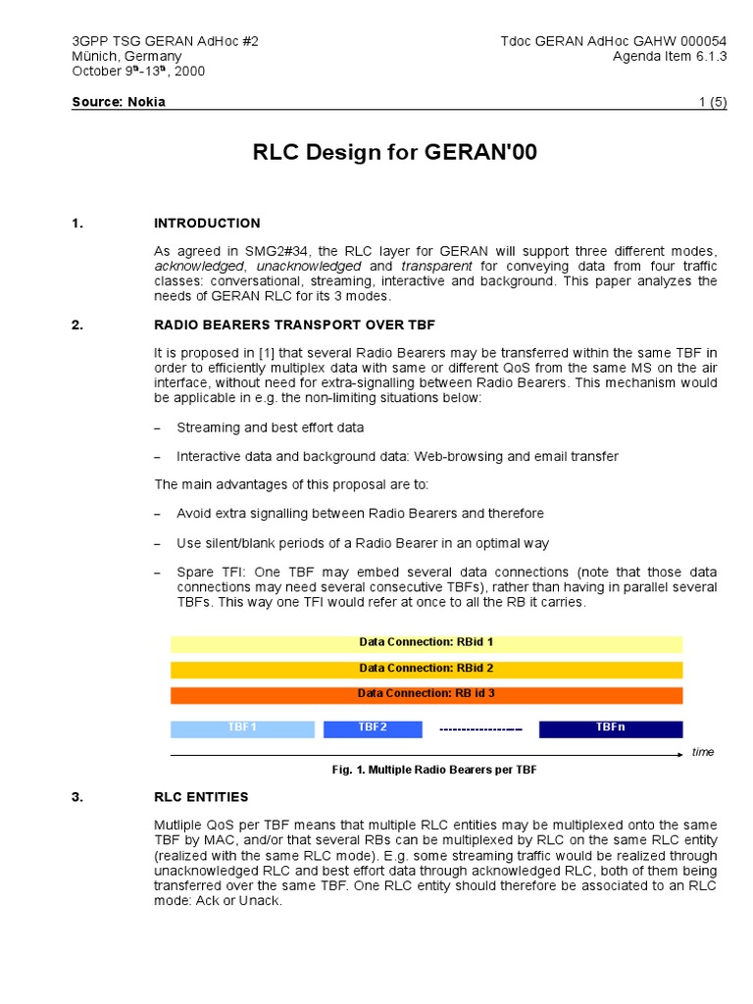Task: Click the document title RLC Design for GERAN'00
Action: pos(395,153)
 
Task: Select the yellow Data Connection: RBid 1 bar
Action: pos(427,643)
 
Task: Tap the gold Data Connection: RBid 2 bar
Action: pos(427,669)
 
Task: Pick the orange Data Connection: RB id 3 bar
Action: pos(427,694)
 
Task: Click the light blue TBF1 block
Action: pos(242,728)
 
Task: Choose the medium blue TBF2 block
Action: pos(373,728)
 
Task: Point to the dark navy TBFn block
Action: pos(610,728)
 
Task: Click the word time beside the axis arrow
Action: pos(702,752)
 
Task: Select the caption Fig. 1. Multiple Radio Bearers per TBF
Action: pos(434,771)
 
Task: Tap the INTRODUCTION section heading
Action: pos(207,224)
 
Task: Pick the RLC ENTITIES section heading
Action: pos(201,797)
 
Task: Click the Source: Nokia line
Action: pos(119,102)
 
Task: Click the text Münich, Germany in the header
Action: pos(126,56)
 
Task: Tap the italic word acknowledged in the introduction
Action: pos(200,267)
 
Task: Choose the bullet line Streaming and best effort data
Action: pos(270,428)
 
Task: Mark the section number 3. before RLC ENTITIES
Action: pos(78,797)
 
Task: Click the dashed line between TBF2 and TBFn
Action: pos(480,729)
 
